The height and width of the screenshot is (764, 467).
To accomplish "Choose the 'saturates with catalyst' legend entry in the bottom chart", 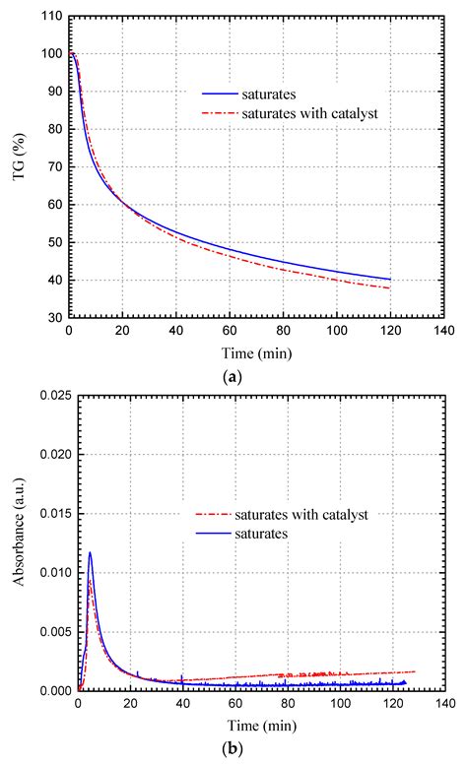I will click(296, 515).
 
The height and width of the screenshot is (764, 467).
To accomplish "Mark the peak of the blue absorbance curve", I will click(91, 552).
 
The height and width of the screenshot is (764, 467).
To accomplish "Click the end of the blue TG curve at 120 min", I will click(390, 280).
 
